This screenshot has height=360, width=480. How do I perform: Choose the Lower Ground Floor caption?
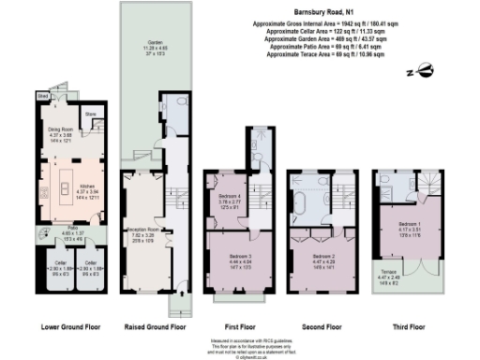pos(68,327)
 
